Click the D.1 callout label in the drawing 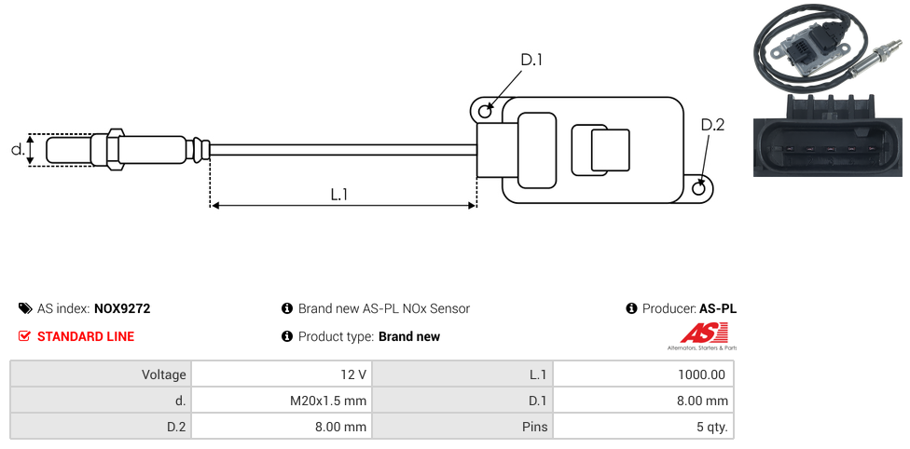coord(531,60)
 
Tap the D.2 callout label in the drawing coord(711,125)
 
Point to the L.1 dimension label coord(339,194)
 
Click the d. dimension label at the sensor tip coord(16,149)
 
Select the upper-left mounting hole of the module coord(485,112)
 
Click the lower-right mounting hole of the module coord(700,188)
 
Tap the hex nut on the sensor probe coord(116,149)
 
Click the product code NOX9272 coord(122,308)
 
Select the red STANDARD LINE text coord(85,336)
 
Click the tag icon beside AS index coord(25,308)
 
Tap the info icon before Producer coord(631,308)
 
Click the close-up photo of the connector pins coord(829,134)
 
